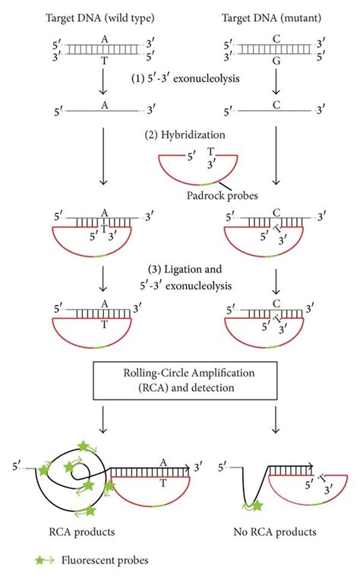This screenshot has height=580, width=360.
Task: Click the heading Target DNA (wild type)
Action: click(x=100, y=17)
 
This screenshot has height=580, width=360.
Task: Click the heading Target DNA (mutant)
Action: click(x=271, y=17)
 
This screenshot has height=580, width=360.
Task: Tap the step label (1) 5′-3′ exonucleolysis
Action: click(x=185, y=78)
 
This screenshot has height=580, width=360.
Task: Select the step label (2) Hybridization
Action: click(x=185, y=134)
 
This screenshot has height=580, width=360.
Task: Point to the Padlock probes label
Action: click(x=222, y=195)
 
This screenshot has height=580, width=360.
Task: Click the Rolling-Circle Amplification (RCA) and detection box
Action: click(x=185, y=380)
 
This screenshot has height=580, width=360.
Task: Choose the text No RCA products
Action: click(x=275, y=532)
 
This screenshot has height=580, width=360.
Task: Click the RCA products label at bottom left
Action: click(x=82, y=532)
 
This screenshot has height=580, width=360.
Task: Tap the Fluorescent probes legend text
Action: click(x=105, y=560)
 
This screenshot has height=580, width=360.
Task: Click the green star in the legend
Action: click(x=40, y=560)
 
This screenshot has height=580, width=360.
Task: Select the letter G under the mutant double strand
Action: click(x=276, y=61)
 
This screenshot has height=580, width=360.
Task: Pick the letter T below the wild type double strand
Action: click(x=104, y=61)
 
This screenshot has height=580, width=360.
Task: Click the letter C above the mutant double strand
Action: click(x=276, y=39)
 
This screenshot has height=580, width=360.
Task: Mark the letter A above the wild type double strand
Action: click(x=105, y=39)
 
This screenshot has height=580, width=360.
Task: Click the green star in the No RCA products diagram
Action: click(x=257, y=505)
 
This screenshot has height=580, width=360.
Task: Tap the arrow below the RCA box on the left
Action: click(x=103, y=420)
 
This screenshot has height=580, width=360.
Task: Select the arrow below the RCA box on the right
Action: click(x=276, y=420)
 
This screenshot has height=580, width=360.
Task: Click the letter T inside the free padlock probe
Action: click(x=210, y=151)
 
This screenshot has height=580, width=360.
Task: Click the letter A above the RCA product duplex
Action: click(x=163, y=462)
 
